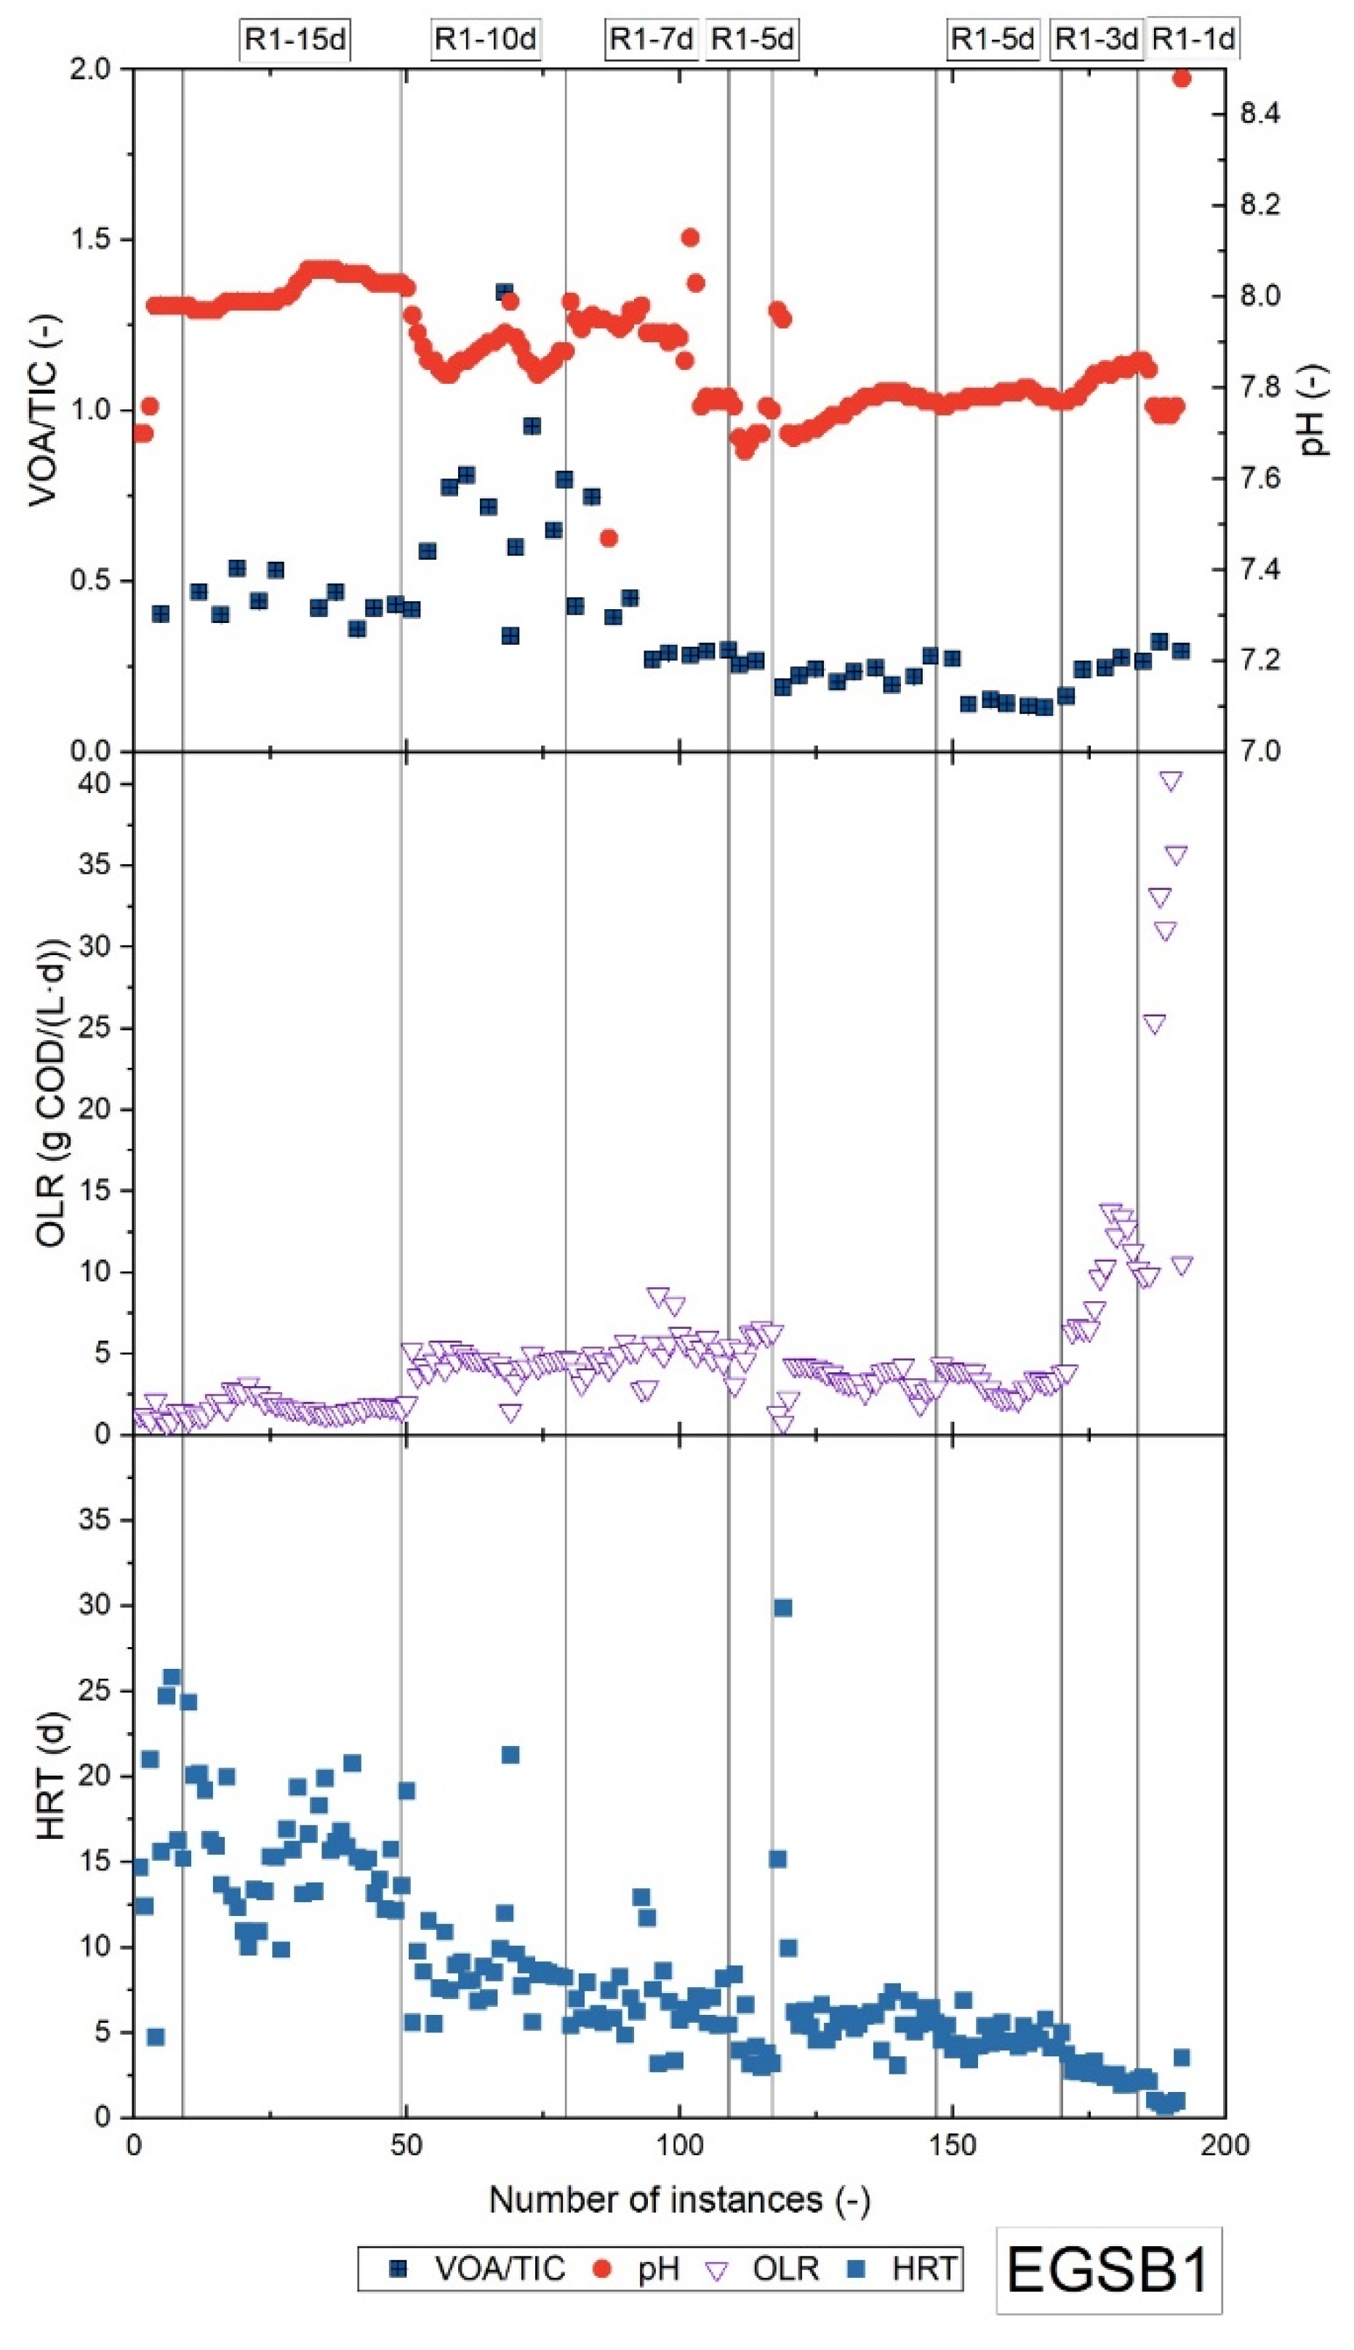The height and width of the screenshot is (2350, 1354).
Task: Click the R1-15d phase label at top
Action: (296, 40)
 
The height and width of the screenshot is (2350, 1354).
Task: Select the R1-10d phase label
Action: (486, 40)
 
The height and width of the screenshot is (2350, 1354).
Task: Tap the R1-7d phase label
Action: (651, 40)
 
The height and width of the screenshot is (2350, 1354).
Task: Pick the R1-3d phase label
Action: (1097, 40)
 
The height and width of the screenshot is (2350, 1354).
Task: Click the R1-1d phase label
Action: (1193, 40)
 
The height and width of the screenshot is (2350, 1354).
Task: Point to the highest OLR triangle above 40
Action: (1171, 781)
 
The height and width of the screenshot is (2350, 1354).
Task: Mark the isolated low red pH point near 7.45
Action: (609, 538)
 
